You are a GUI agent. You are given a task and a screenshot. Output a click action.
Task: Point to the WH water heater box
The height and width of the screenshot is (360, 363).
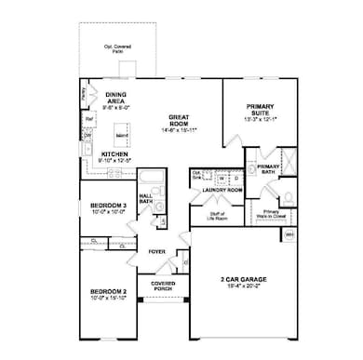click(289, 233)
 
